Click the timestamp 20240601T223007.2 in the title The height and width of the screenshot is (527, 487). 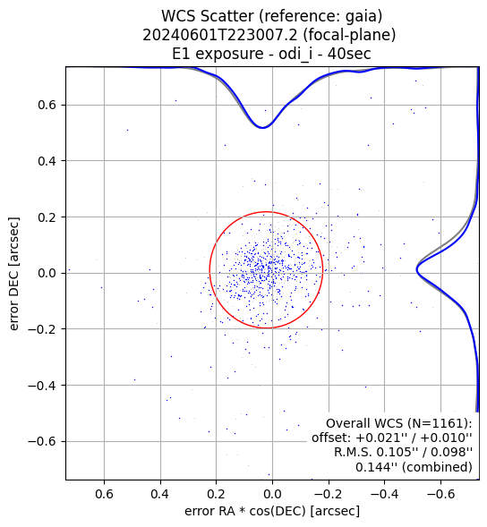[219, 35]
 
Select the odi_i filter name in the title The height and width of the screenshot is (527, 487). [295, 55]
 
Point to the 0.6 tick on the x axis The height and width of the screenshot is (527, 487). [104, 494]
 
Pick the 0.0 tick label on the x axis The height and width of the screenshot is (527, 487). [272, 494]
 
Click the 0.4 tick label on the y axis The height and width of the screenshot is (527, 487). [47, 161]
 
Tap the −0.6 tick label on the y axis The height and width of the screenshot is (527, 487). [42, 441]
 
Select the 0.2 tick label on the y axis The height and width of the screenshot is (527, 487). [47, 217]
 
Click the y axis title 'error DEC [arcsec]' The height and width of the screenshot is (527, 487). [14, 274]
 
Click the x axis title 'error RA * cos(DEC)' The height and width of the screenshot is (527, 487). [245, 511]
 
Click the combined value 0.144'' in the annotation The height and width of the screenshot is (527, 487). [375, 467]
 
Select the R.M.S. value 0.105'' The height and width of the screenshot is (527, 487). [397, 452]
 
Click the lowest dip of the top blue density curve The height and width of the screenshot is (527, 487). [262, 127]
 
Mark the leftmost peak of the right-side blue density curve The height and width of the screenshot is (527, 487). [416, 269]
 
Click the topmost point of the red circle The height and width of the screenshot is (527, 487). [266, 212]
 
